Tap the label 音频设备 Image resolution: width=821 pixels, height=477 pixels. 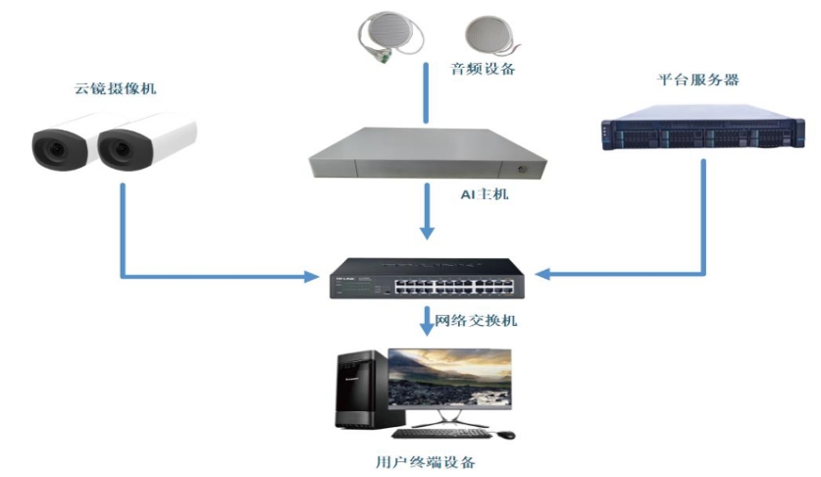click(x=483, y=69)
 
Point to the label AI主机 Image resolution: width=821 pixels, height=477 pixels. click(x=486, y=194)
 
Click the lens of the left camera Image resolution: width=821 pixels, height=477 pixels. click(x=51, y=146)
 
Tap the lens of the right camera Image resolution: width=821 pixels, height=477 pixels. click(x=117, y=148)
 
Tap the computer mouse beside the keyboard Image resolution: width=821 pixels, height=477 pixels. click(x=504, y=434)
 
